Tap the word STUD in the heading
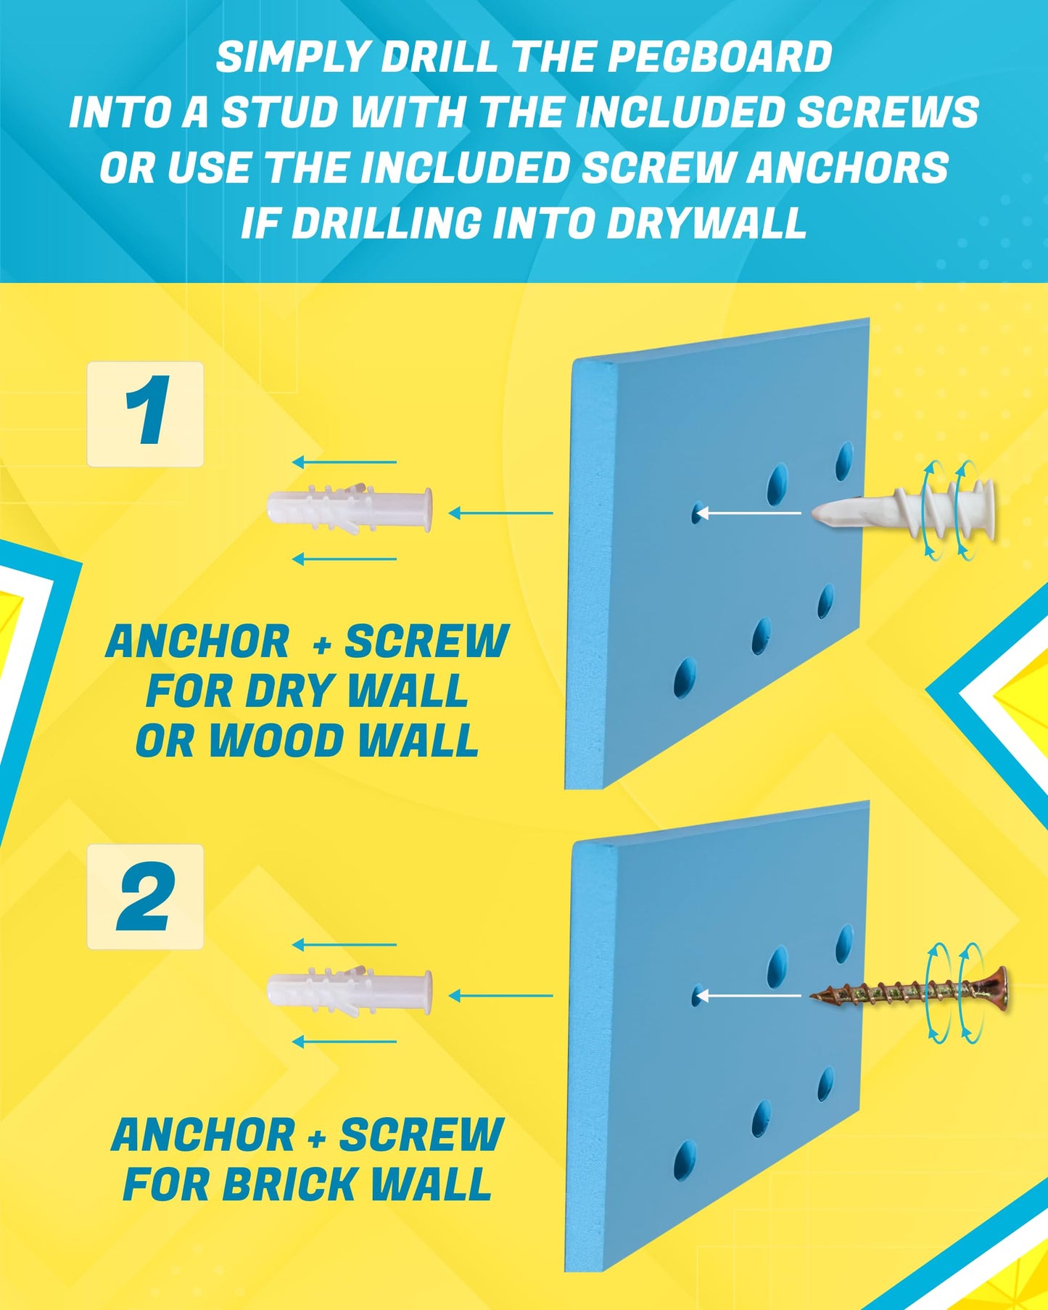point(279,113)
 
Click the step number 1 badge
point(145,413)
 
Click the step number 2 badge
point(145,897)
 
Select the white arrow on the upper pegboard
point(748,514)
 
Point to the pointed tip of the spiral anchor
point(814,514)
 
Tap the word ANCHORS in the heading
point(848,168)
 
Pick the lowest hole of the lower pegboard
point(683,1161)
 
